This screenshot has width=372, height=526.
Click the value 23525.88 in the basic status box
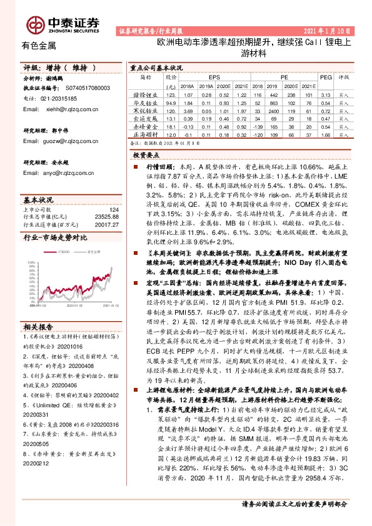click(105, 216)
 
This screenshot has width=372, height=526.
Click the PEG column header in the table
click(324, 76)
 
